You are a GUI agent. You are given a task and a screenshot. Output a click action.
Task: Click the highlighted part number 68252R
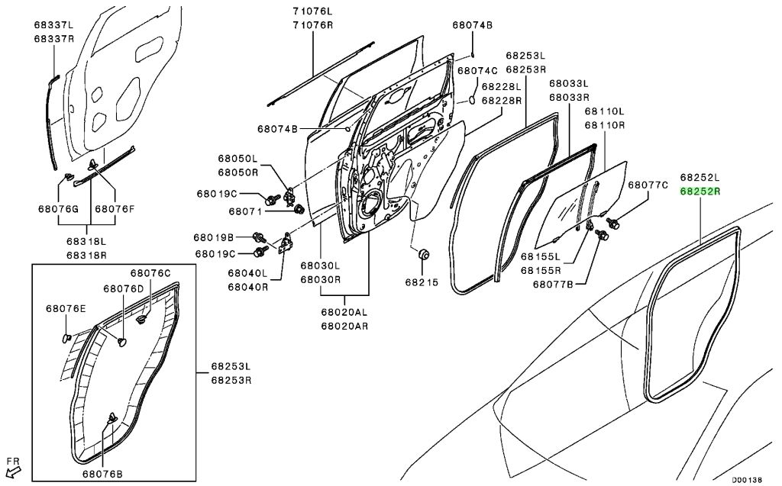(700, 192)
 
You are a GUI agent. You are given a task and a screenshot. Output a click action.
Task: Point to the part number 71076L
(312, 11)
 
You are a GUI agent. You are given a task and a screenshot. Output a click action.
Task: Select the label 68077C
(648, 185)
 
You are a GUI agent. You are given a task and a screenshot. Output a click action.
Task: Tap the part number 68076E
(66, 308)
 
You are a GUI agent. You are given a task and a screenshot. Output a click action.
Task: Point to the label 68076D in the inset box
(124, 288)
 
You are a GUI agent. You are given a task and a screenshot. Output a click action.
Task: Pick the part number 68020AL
(344, 312)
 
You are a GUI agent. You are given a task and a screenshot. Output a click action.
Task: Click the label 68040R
(247, 287)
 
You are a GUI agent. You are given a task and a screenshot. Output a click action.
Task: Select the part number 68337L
(53, 24)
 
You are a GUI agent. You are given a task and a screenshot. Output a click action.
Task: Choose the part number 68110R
(605, 124)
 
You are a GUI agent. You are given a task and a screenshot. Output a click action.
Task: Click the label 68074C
(477, 70)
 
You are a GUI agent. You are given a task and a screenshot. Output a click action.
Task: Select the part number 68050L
(238, 159)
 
